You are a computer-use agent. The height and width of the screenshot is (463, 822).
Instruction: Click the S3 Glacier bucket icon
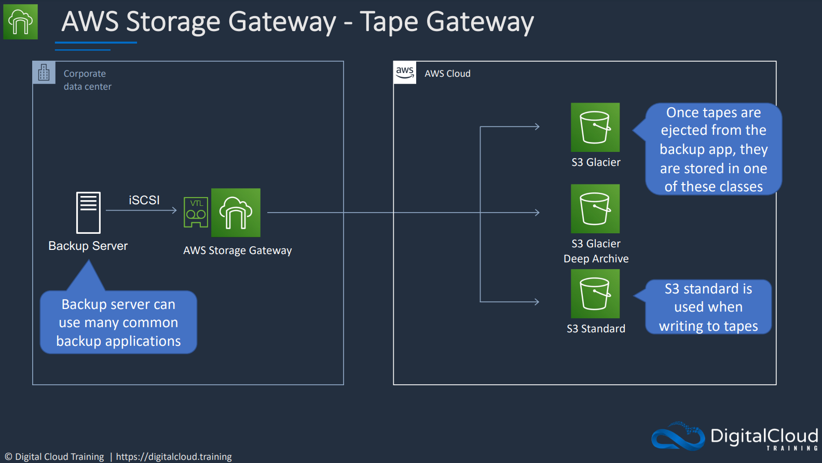[x=595, y=127]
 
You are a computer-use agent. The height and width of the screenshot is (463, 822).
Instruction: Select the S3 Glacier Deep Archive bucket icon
[x=595, y=208]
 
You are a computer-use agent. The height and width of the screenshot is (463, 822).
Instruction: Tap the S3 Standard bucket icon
[x=595, y=293]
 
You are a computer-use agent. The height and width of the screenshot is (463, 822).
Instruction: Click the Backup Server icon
[x=88, y=213]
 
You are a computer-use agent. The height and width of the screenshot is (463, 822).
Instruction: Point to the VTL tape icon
[x=196, y=212]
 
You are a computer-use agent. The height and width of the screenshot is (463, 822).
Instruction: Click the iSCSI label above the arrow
[x=144, y=200]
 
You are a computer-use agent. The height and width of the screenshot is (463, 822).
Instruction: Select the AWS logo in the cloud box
[x=405, y=73]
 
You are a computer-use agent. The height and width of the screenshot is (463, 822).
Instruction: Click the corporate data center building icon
[x=44, y=73]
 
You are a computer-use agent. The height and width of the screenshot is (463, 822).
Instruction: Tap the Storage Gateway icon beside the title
[x=21, y=22]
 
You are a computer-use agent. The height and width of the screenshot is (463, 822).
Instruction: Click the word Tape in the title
[x=389, y=22]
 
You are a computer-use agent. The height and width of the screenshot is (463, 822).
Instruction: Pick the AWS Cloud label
[x=447, y=74]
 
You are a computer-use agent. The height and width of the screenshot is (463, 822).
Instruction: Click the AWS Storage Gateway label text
[x=238, y=250]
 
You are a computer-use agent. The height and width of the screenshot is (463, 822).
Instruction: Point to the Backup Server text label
[x=88, y=246]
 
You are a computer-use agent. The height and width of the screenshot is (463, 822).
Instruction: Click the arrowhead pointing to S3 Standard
[x=537, y=302]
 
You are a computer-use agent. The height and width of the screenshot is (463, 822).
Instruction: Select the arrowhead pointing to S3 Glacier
[x=537, y=127]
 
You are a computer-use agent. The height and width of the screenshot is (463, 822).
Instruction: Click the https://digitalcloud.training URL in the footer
[x=174, y=457]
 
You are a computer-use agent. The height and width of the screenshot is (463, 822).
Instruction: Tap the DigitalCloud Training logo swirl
[x=678, y=437]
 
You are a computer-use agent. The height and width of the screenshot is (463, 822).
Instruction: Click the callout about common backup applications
[x=118, y=322]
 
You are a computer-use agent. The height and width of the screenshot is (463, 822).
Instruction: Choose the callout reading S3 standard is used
[x=708, y=307]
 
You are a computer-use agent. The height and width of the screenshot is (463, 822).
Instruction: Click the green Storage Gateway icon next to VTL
[x=236, y=213]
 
